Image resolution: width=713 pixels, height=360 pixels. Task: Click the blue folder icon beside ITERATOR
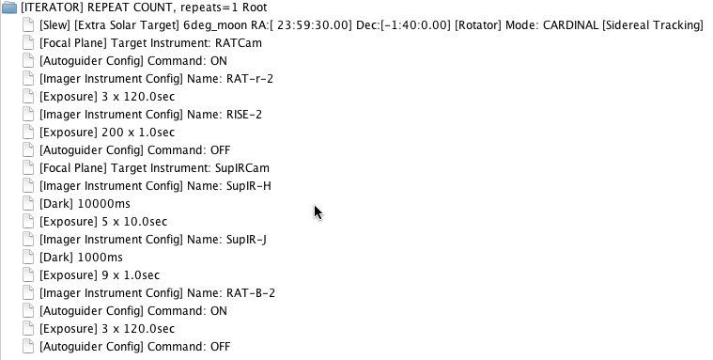point(9,8)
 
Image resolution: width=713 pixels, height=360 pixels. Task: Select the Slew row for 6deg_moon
point(371,25)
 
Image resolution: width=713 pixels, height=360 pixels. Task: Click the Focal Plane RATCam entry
point(150,43)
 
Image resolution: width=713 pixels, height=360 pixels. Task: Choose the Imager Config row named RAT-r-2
point(156,79)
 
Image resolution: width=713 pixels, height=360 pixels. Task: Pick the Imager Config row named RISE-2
point(150,115)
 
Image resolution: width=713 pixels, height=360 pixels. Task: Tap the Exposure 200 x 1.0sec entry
point(107,133)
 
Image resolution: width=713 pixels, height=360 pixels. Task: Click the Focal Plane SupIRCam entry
point(154,168)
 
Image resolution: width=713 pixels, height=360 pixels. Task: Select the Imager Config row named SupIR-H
point(155,186)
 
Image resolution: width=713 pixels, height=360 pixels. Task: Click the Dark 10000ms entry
point(85,204)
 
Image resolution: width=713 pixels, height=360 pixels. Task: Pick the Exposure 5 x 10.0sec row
point(103,222)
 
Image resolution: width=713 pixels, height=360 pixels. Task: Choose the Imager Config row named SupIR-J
point(153,240)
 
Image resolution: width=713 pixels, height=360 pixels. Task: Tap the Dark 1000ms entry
point(81,258)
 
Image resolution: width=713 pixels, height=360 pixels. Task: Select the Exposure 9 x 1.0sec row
point(100,275)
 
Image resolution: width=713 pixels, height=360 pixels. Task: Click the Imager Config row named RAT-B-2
point(157,293)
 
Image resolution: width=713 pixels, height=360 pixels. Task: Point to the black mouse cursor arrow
point(318,212)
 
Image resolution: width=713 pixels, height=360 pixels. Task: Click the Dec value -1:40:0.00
point(415,25)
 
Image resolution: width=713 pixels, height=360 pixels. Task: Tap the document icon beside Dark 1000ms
point(28,258)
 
